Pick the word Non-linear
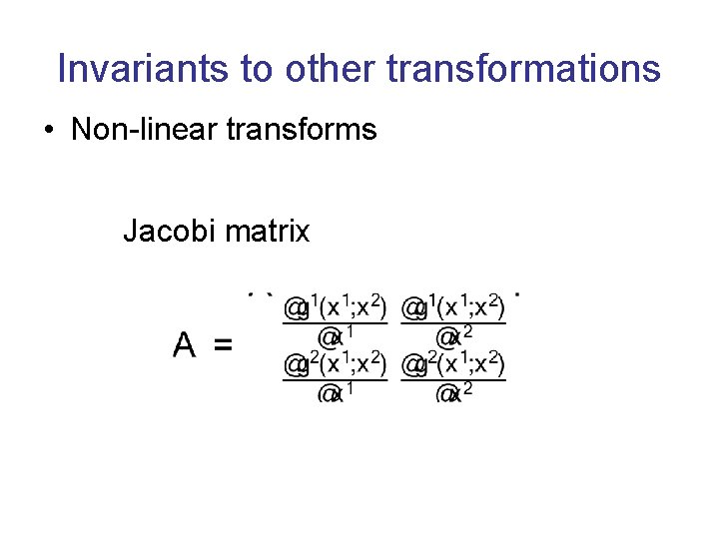(x=136, y=130)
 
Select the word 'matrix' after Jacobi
(x=268, y=232)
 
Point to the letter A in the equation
(x=184, y=345)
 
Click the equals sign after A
(x=223, y=346)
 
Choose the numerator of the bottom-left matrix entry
(x=335, y=364)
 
